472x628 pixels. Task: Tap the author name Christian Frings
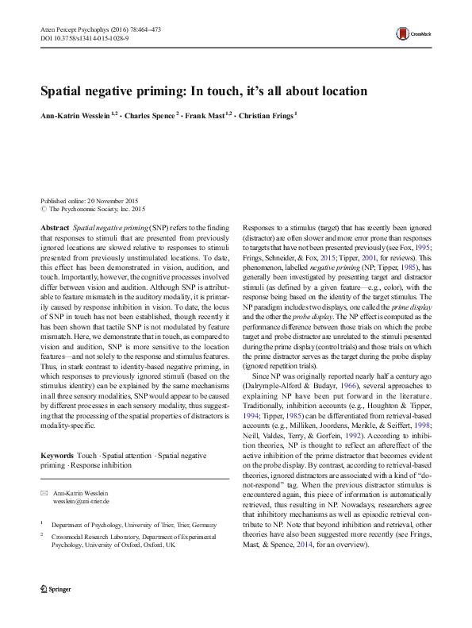pos(267,114)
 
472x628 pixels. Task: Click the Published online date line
pos(87,202)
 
